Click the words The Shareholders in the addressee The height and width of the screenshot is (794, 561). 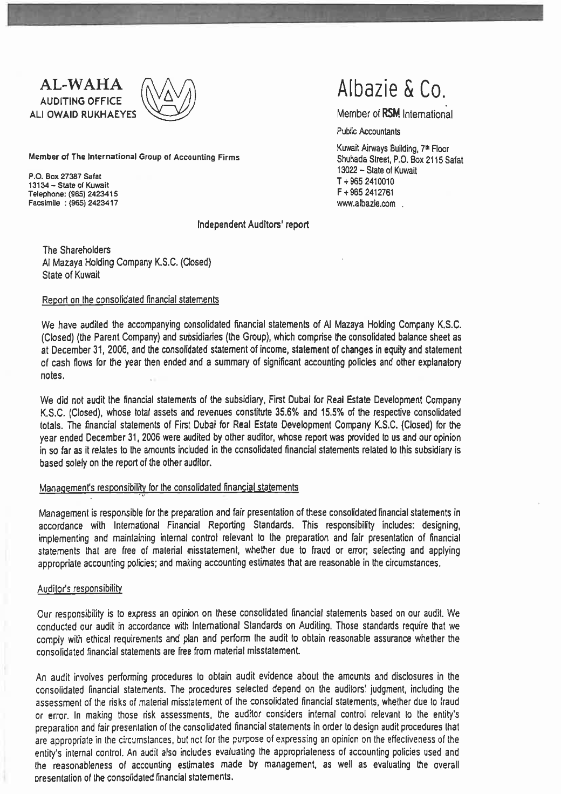point(77,250)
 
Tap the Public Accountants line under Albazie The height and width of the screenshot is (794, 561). point(362,131)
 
